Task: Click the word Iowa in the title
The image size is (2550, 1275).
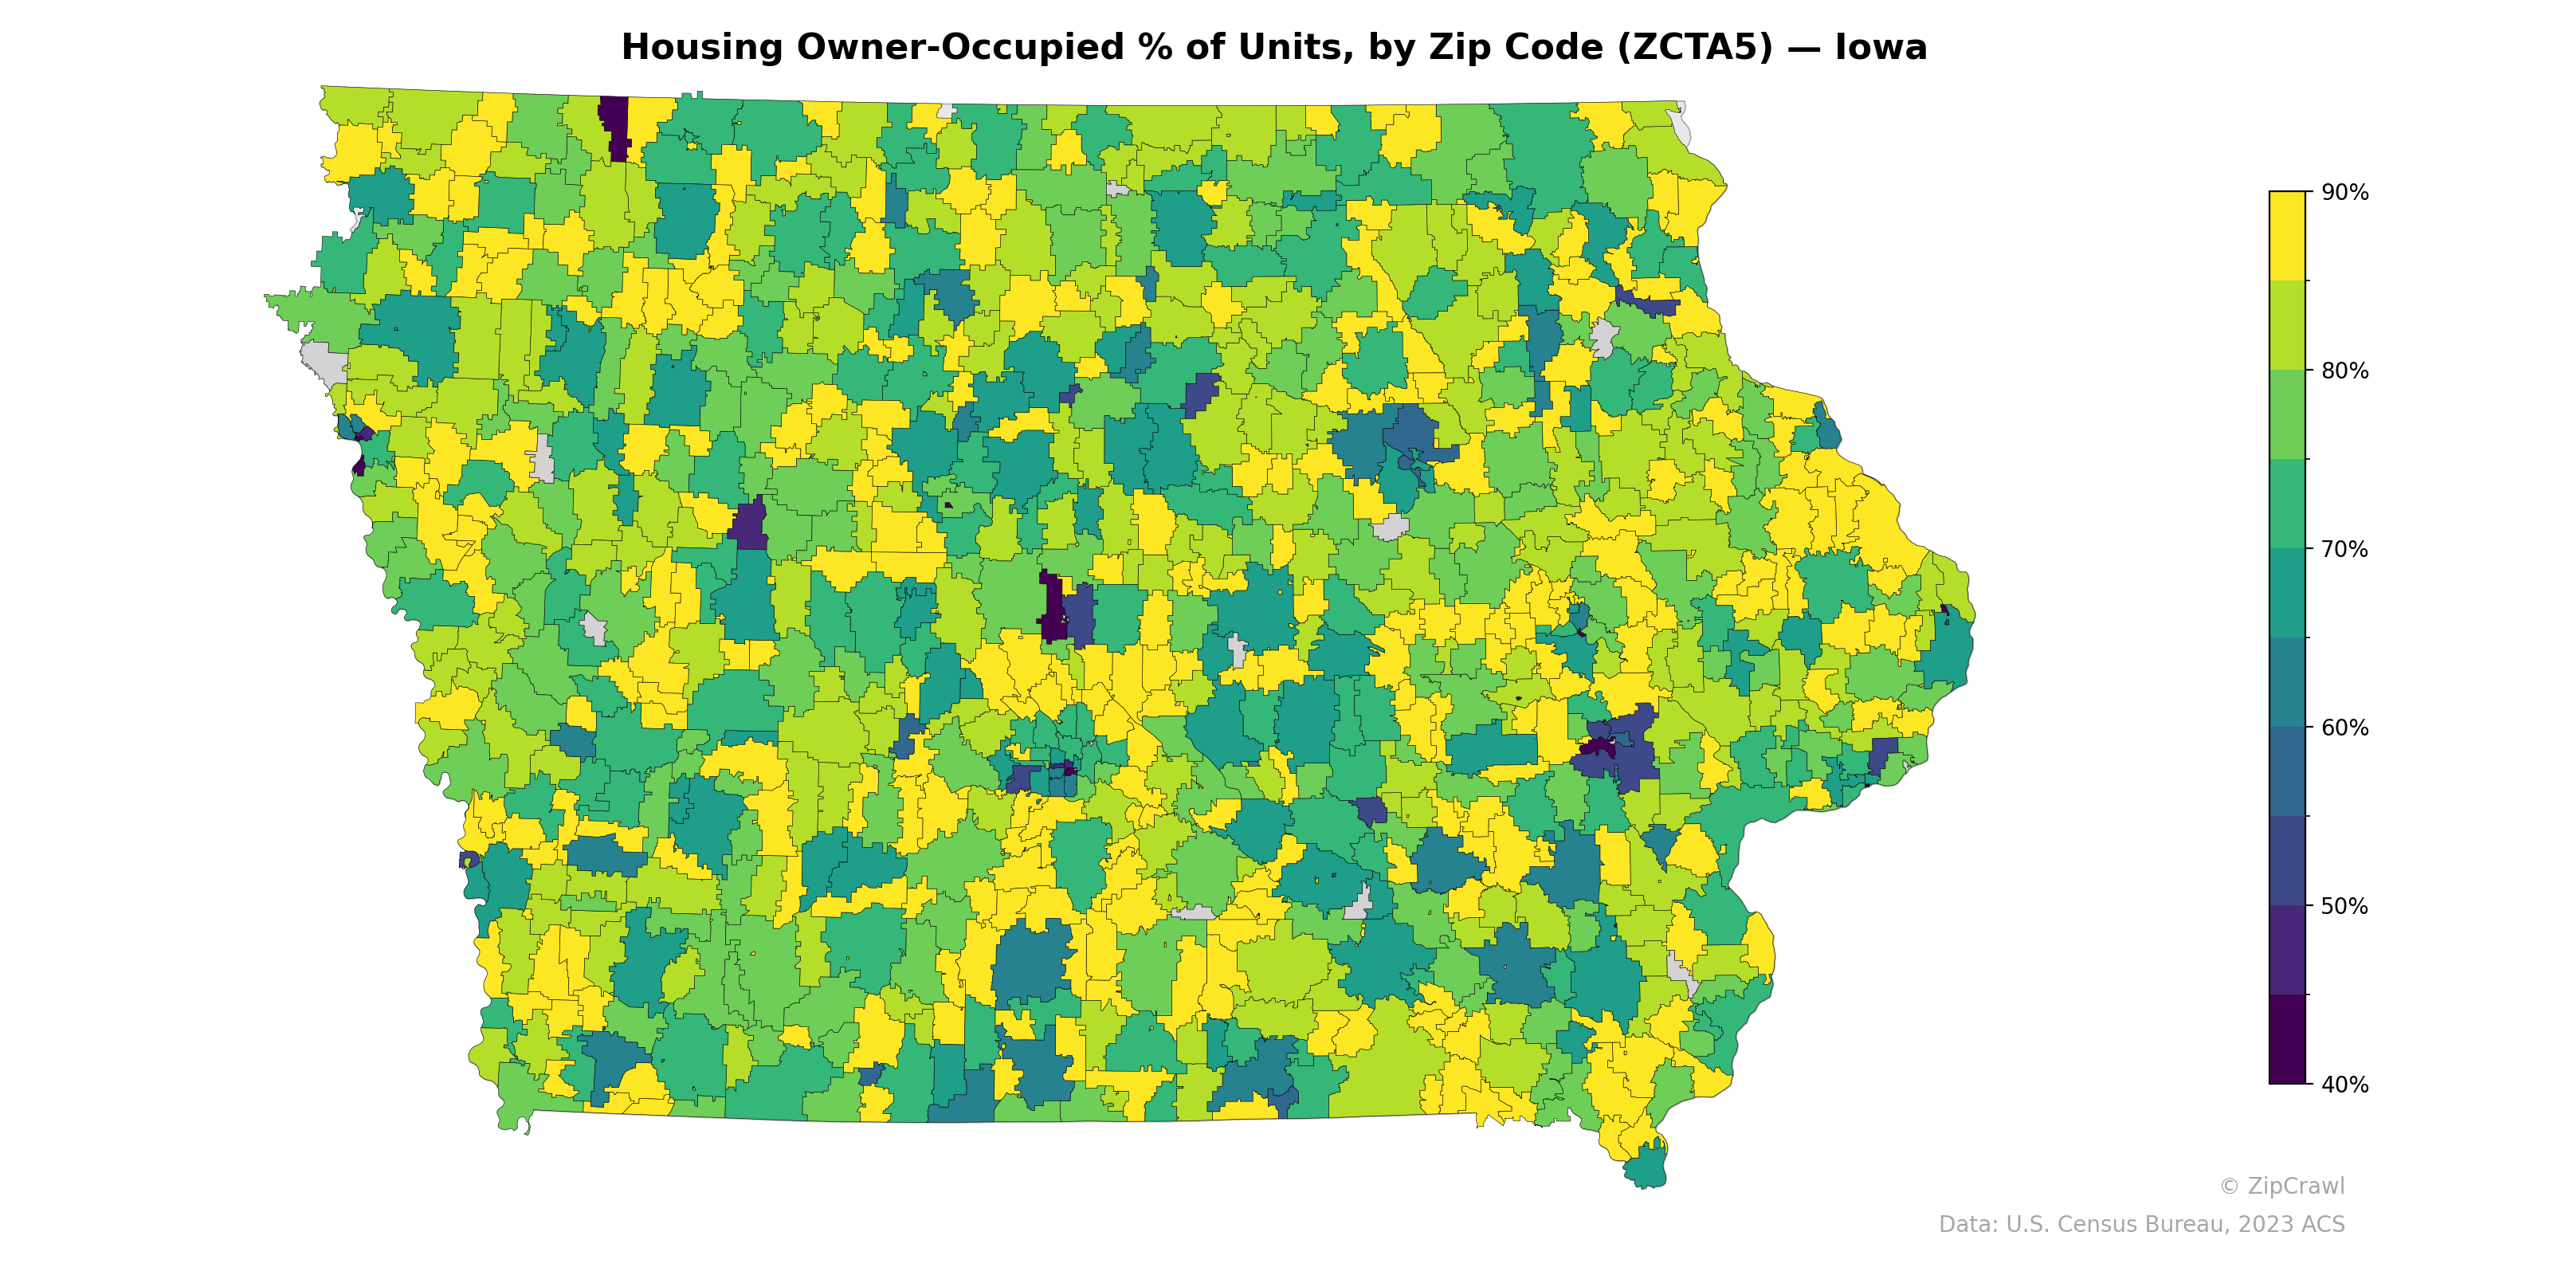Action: [1881, 48]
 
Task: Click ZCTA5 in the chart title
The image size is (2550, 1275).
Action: [1695, 48]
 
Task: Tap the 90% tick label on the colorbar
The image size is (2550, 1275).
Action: [2344, 193]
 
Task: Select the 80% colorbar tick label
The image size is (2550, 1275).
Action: [2344, 371]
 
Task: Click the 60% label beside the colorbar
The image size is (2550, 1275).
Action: [2344, 728]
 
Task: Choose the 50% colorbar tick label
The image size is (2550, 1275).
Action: [2344, 906]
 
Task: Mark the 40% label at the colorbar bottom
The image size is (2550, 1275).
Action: [2344, 1085]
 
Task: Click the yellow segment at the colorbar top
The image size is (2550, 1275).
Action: [2287, 236]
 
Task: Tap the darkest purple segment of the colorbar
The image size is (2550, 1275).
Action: [2287, 1039]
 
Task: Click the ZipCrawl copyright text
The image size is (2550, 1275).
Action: [2281, 1186]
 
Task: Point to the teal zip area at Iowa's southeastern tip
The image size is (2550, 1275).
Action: [1646, 1166]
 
